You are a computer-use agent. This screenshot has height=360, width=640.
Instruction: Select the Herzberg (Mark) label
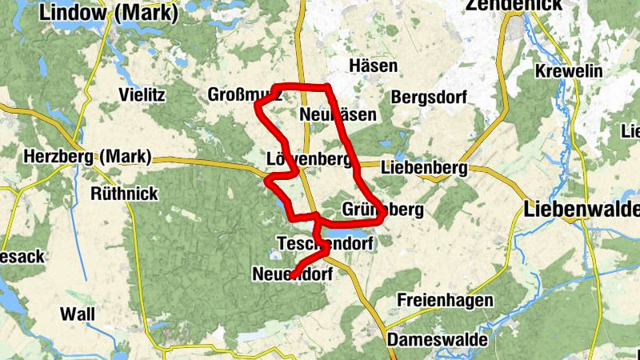87,157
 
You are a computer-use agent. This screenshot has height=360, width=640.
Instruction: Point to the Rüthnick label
124,194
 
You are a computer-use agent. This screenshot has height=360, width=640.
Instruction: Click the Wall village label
77,315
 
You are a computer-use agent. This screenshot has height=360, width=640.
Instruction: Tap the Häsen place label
373,66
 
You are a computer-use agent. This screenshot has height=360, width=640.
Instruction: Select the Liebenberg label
424,169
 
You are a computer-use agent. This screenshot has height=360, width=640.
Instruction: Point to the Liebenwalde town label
582,210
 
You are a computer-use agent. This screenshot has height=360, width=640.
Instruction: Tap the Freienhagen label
442,302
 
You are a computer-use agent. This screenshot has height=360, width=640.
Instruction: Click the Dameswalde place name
438,340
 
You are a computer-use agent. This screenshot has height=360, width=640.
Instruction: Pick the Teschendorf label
325,242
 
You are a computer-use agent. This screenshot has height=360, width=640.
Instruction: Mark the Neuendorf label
292,274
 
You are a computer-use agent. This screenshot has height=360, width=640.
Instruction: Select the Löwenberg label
309,158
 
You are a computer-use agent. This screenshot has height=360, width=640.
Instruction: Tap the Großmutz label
245,94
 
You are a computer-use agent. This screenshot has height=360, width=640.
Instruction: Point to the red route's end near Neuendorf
293,275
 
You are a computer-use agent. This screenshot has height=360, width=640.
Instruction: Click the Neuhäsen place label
338,115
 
